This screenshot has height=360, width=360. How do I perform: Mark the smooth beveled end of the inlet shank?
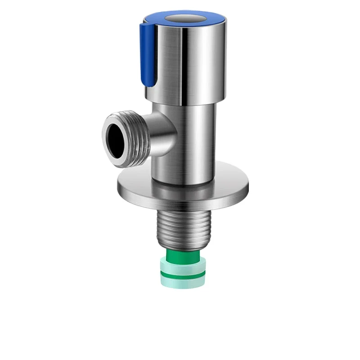point(183,245)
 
